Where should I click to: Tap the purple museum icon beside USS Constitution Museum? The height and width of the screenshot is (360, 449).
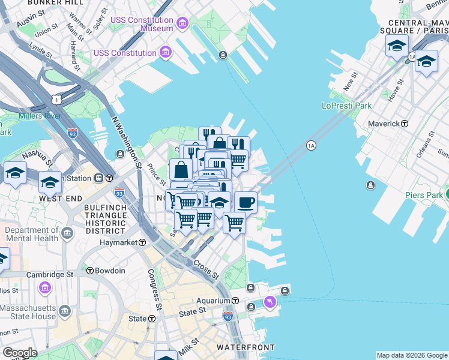pyautogui.click(x=182, y=25)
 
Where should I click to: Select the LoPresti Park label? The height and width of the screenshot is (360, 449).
pyautogui.click(x=346, y=106)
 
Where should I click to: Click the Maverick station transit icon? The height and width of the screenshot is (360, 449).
pyautogui.click(x=405, y=124)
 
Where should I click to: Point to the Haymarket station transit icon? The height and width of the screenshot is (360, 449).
pyautogui.click(x=142, y=242)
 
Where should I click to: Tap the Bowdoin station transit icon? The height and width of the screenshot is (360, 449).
pyautogui.click(x=89, y=271)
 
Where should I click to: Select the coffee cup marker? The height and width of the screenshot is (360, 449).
pyautogui.click(x=245, y=202)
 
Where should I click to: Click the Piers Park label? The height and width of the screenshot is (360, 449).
pyautogui.click(x=423, y=195)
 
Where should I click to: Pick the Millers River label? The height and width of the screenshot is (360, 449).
pyautogui.click(x=39, y=116)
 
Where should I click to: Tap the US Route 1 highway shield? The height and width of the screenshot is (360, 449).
pyautogui.click(x=56, y=98)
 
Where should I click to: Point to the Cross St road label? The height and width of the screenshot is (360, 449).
pyautogui.click(x=205, y=269)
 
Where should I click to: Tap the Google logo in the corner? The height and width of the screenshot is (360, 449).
pyautogui.click(x=20, y=353)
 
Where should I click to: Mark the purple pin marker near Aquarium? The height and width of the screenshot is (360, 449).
pyautogui.click(x=270, y=301)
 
